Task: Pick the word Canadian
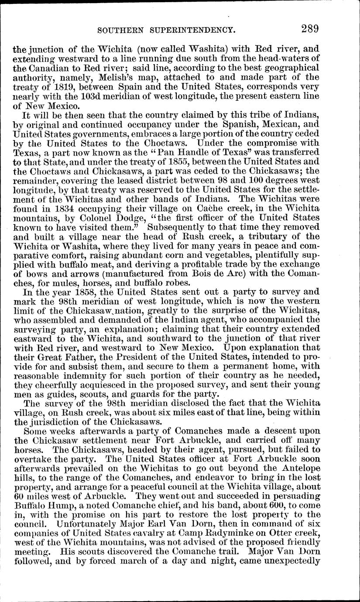(48, 68)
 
